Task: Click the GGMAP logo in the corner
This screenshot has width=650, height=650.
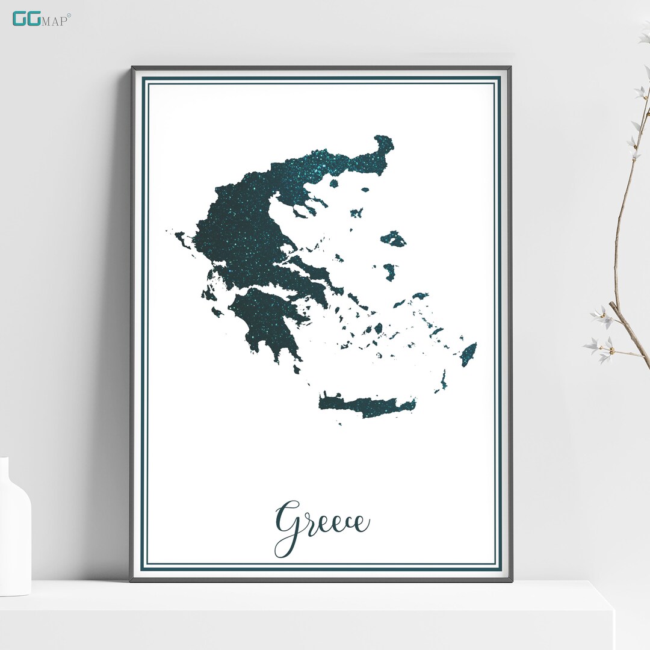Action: (x=41, y=19)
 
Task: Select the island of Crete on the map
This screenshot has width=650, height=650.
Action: (x=367, y=405)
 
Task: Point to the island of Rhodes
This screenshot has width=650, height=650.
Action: (x=468, y=354)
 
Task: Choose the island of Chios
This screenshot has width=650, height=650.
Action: (x=389, y=272)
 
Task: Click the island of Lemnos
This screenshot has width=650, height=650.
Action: (x=357, y=212)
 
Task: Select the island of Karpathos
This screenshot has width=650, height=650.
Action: (x=444, y=380)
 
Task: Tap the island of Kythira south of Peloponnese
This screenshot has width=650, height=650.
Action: (x=297, y=369)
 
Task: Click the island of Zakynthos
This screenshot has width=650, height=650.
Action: (x=217, y=312)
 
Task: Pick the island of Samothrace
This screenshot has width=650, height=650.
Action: (x=365, y=190)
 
